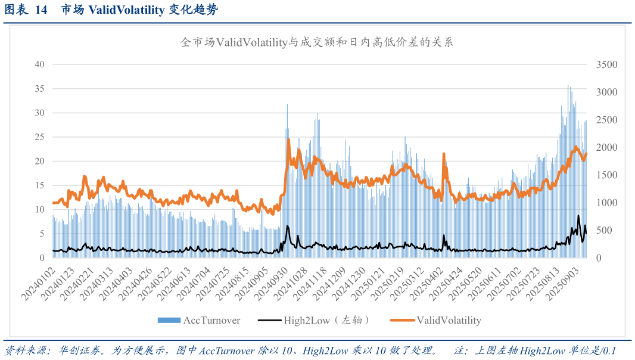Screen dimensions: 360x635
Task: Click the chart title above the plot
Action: point(317,42)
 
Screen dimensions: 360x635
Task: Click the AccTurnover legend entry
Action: point(199,321)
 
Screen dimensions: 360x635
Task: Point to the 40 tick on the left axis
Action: point(39,64)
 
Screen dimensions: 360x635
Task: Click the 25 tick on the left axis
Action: point(39,137)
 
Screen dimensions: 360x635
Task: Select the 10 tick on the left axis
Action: point(39,210)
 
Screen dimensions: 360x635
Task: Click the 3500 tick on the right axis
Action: point(607,64)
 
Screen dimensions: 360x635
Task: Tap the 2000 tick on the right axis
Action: point(607,147)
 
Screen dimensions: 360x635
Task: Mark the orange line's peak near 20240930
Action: point(288,140)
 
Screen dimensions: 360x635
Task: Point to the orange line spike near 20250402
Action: point(444,154)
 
